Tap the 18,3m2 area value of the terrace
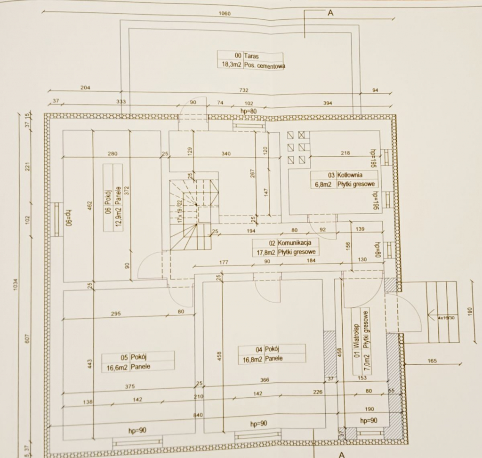(x=230, y=65)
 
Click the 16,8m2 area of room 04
(x=251, y=359)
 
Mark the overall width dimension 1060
(x=225, y=14)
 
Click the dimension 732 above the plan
(x=243, y=90)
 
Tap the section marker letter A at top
(x=330, y=13)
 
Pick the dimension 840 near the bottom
(x=198, y=415)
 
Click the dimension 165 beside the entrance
(x=432, y=361)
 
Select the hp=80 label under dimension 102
(x=248, y=111)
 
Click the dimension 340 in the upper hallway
(x=226, y=153)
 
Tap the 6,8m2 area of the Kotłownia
(x=323, y=185)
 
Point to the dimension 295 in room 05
(x=116, y=313)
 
